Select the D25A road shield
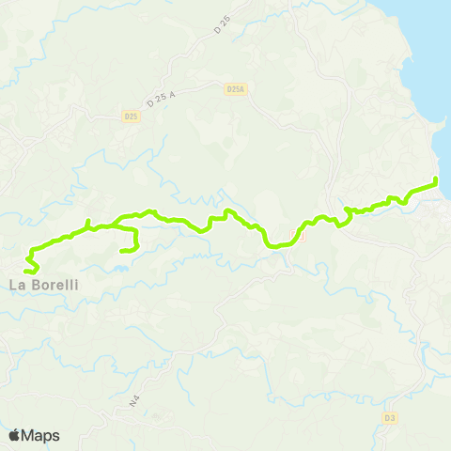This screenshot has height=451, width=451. pyautogui.click(x=236, y=89)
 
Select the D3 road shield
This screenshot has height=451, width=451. pyautogui.click(x=390, y=413)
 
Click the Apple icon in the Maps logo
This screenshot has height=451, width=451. pyautogui.click(x=14, y=435)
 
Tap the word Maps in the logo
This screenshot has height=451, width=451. pyautogui.click(x=41, y=435)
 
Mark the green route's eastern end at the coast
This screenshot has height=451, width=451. pyautogui.click(x=437, y=179)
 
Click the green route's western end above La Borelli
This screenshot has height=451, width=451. pyautogui.click(x=36, y=271)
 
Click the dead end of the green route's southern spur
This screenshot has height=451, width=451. pyautogui.click(x=123, y=251)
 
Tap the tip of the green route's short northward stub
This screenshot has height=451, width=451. pyautogui.click(x=88, y=222)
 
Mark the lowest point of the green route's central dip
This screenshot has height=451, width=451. pyautogui.click(x=272, y=245)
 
